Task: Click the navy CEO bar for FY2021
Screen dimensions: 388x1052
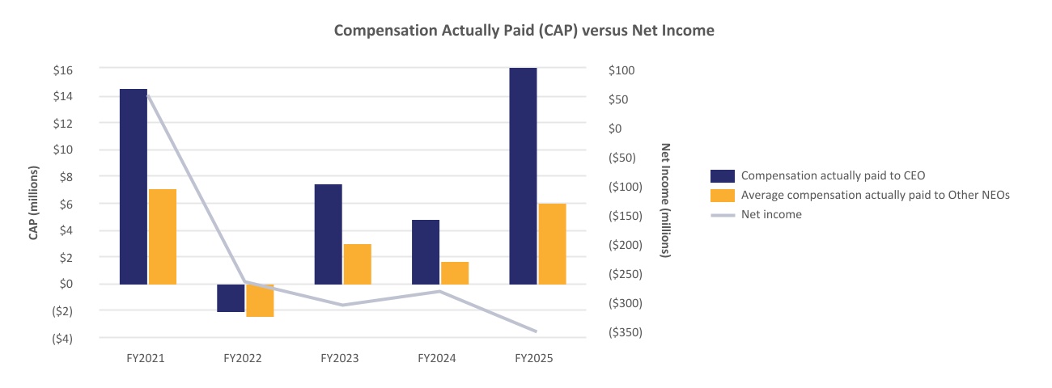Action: [x=133, y=186]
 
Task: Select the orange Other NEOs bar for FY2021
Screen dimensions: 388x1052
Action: [x=162, y=236]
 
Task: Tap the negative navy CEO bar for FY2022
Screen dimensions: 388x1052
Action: [x=230, y=297]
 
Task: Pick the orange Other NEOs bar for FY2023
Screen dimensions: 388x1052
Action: [x=357, y=264]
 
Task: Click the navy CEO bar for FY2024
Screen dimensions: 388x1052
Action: [x=425, y=251]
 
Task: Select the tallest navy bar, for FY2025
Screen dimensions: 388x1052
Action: [x=523, y=175]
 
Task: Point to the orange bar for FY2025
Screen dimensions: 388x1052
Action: [x=552, y=243]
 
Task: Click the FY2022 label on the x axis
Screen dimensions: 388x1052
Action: [x=243, y=357]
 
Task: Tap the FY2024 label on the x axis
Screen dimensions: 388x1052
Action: [x=437, y=357]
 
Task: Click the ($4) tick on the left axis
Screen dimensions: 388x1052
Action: [x=62, y=338]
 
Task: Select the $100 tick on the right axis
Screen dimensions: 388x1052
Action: [x=621, y=70]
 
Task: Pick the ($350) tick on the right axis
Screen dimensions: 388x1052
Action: [x=625, y=332]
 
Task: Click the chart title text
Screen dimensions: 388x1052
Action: [x=524, y=30]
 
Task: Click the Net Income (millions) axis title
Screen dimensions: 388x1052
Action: [x=666, y=200]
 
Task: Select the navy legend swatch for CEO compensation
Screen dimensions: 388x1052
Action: [x=722, y=176]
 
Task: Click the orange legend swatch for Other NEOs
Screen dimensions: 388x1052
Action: [x=722, y=196]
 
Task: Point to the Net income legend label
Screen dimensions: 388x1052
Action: [x=771, y=215]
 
